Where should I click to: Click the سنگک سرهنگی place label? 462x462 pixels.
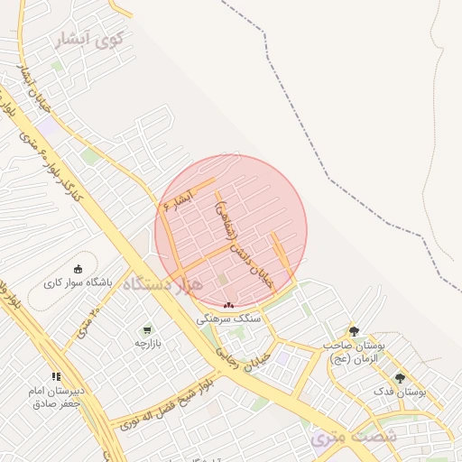(234, 319)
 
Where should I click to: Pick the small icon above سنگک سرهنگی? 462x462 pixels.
(228, 305)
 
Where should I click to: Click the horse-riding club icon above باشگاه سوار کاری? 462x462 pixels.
(78, 269)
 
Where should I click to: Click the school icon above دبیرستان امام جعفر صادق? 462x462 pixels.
(56, 376)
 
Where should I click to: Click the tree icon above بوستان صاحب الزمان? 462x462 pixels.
(354, 331)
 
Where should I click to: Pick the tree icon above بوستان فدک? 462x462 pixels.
(400, 378)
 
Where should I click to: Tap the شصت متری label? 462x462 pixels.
(341, 439)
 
